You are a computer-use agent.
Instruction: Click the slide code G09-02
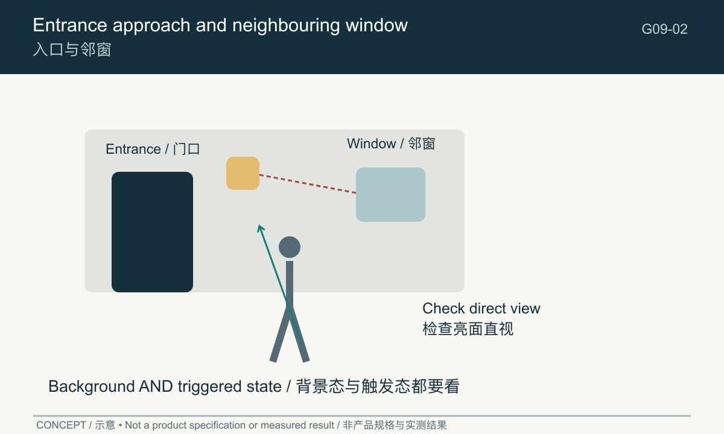pos(664,29)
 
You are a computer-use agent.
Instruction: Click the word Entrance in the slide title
pos(70,25)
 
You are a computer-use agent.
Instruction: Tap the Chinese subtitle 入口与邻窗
pos(72,49)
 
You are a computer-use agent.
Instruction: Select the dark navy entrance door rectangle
pos(152,232)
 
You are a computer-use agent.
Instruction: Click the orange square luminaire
pos(243,173)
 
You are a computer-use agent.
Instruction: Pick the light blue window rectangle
pos(390,194)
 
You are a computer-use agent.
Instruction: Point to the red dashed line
pos(308,184)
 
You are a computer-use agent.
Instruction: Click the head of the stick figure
pos(290,247)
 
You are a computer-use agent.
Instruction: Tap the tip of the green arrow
pos(259,225)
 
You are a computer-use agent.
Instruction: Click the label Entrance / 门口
pos(153,149)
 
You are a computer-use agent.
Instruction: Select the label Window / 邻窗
pos(391,143)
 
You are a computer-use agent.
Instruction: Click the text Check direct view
pos(481,309)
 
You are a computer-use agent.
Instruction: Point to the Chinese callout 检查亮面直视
pos(468,329)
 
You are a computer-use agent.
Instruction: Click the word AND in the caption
pos(156,386)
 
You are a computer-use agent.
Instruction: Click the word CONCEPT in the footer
pos(61,425)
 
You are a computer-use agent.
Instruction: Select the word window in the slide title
pos(376,25)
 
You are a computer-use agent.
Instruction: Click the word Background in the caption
pos(92,386)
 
